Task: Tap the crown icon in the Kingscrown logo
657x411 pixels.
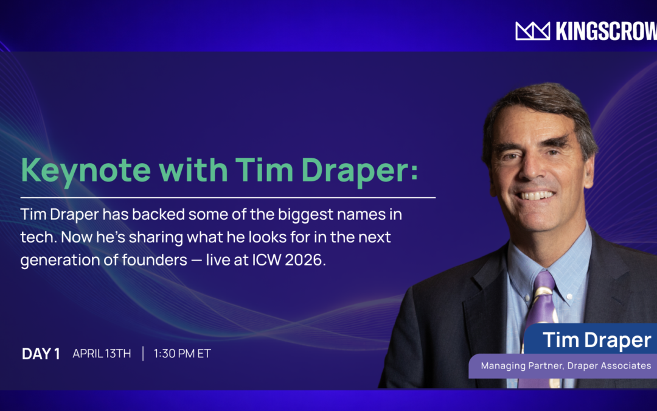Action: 532,31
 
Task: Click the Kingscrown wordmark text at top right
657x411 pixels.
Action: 606,31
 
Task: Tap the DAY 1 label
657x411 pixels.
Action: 41,354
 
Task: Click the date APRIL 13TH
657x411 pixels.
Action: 102,354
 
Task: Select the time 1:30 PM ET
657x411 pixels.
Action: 182,354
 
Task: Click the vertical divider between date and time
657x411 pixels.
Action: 143,354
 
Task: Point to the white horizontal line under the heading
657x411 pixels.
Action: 228,198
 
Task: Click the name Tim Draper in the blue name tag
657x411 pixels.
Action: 597,340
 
